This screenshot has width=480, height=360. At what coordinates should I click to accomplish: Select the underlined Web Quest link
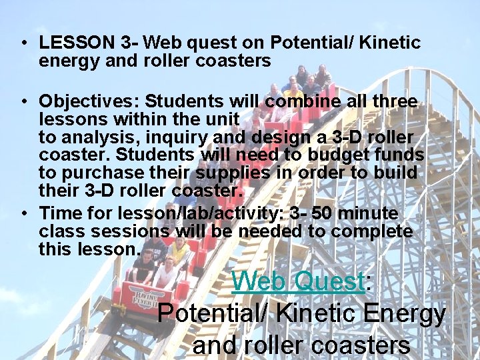click(297, 282)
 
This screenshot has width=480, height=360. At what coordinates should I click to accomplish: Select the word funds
click(395, 155)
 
